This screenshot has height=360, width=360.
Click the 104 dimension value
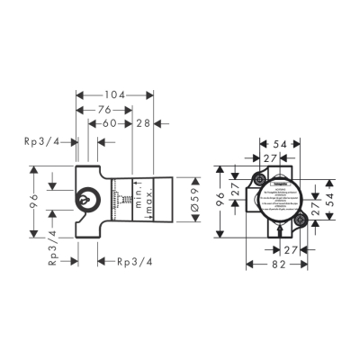point(112,94)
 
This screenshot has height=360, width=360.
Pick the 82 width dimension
point(279,265)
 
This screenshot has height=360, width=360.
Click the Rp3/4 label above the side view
point(43,140)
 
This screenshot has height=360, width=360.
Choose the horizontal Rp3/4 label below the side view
point(134,262)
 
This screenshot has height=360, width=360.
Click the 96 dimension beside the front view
point(221,202)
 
